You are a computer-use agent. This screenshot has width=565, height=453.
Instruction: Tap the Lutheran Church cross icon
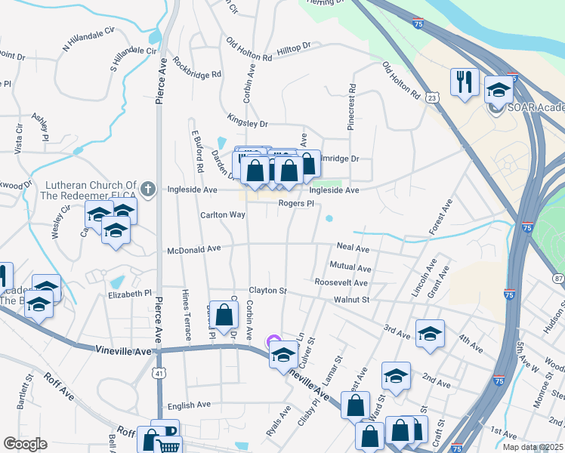tap(150, 189)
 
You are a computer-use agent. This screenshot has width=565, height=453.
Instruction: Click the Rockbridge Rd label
tap(196, 67)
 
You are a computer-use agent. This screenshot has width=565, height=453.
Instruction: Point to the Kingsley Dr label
tap(248, 120)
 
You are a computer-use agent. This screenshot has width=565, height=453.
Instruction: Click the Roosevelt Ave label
tap(341, 283)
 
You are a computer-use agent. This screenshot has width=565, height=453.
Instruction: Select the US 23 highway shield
tap(431, 97)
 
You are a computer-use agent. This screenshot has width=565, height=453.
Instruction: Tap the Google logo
tap(26, 443)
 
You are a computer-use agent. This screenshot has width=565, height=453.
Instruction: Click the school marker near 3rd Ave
tap(430, 333)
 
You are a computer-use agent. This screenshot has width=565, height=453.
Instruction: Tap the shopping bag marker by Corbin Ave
tap(224, 315)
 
